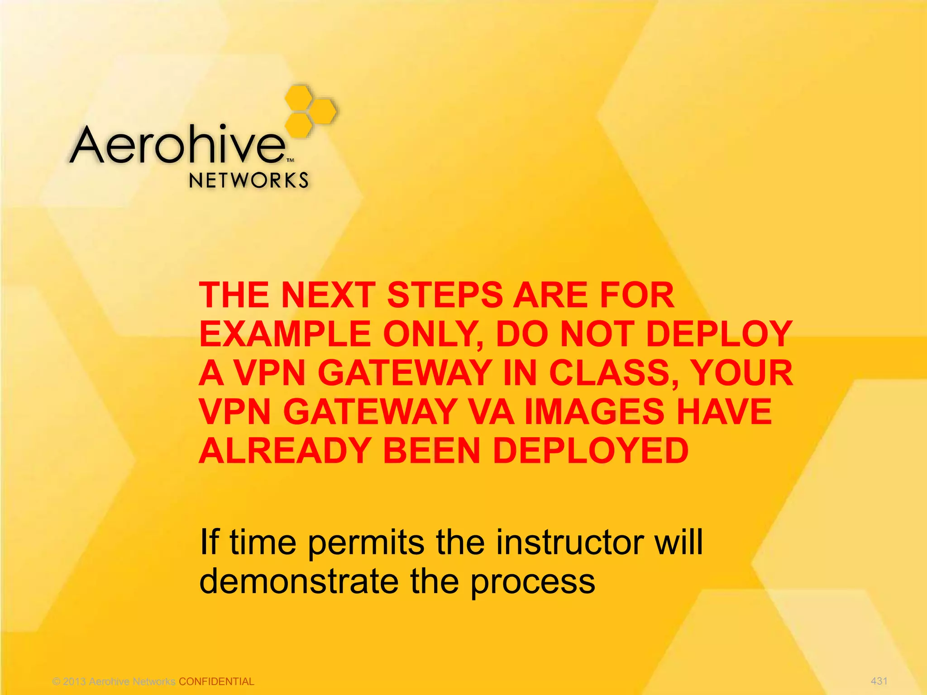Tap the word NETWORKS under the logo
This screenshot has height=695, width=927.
pyautogui.click(x=248, y=181)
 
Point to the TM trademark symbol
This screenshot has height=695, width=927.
pyautogui.click(x=291, y=160)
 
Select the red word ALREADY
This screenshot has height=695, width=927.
pyautogui.click(x=285, y=451)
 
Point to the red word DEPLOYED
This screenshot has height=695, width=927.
pyautogui.click(x=590, y=451)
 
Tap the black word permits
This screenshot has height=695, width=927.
pyautogui.click(x=367, y=543)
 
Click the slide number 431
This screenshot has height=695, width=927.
pyautogui.click(x=879, y=681)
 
